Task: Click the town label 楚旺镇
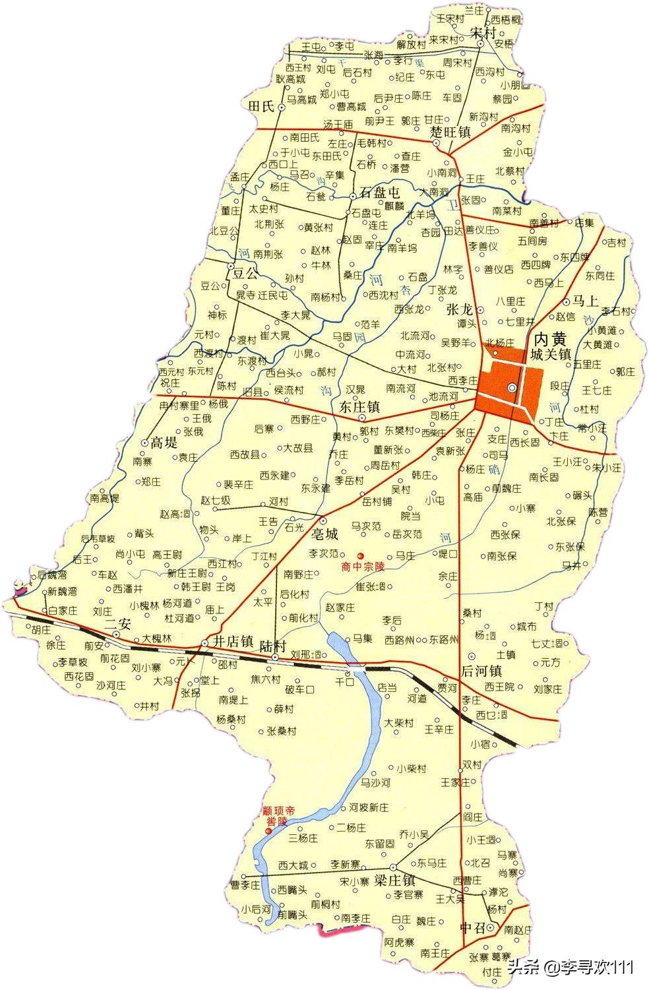click(x=450, y=132)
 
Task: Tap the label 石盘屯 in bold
click(x=379, y=194)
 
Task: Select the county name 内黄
click(x=549, y=339)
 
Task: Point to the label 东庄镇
click(x=359, y=407)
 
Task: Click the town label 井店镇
click(x=233, y=641)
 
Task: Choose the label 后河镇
click(x=481, y=671)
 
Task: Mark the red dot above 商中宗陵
click(x=360, y=555)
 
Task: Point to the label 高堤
click(x=164, y=442)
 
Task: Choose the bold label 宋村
click(x=482, y=32)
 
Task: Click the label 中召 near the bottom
click(x=472, y=928)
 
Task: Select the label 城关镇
click(x=550, y=355)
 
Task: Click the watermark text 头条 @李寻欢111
click(x=571, y=967)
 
